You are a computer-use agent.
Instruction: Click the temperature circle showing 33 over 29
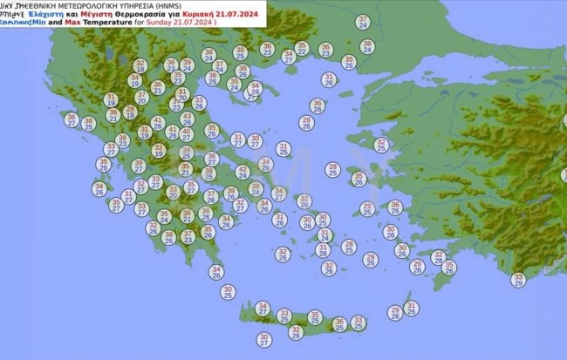point(519,279)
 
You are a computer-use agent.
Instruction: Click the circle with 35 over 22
point(302,48)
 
